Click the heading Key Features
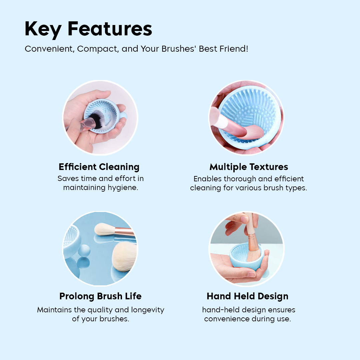pos(88,29)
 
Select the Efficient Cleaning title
pos(99,167)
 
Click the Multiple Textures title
pos(249,167)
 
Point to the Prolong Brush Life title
pos(100,296)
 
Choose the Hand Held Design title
pos(247,296)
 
